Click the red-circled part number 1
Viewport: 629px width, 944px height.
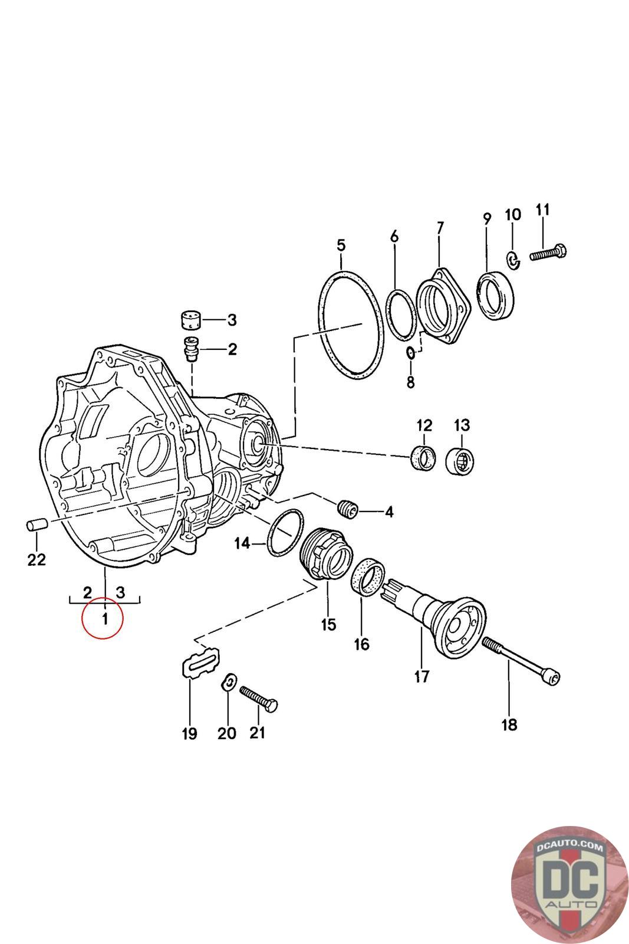coord(105,619)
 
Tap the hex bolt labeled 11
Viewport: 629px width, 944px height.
coord(548,253)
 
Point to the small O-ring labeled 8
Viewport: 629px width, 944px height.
coord(411,353)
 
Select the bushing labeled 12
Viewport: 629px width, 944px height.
coord(423,457)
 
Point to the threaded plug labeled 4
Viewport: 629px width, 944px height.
coord(348,508)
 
